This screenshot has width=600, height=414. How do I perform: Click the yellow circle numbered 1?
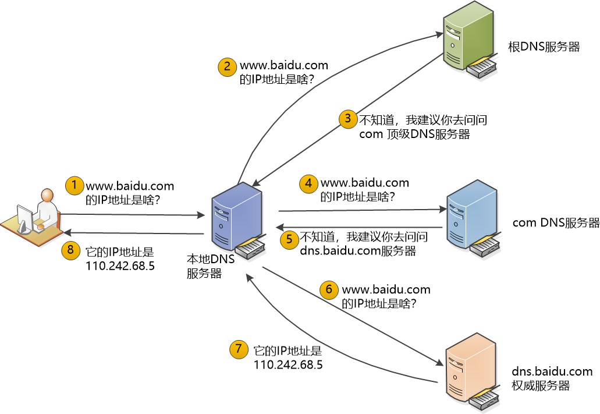pos(74,186)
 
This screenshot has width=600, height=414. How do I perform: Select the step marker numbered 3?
pos(348,119)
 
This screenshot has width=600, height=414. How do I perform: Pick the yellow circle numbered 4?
pos(309,183)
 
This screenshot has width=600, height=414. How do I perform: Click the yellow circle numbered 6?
pos(329,289)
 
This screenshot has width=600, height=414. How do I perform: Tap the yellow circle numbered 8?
pos(70,251)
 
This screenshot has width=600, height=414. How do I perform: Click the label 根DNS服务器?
pos(544,47)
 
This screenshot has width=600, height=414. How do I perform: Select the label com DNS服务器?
pos(556,223)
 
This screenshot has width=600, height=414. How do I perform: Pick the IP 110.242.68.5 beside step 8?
pos(120,266)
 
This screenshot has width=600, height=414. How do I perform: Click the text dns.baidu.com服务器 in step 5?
pos(358,252)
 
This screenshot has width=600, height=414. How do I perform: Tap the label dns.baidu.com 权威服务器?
pos(552,378)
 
